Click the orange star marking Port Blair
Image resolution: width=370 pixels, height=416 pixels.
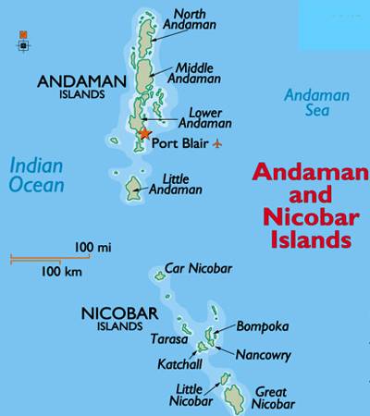(143, 135)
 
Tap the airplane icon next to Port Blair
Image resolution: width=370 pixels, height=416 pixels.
(218, 143)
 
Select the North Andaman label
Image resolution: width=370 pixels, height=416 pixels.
(191, 21)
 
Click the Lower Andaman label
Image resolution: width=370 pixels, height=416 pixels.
(199, 117)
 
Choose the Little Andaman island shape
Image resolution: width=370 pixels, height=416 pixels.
(135, 189)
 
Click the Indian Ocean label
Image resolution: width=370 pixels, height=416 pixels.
(37, 175)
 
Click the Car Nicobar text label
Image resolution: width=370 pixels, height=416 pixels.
(198, 269)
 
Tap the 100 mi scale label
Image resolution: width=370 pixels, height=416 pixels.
(92, 247)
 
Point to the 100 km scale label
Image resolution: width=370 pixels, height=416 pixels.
(60, 272)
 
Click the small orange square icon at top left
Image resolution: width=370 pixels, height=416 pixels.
(23, 34)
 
